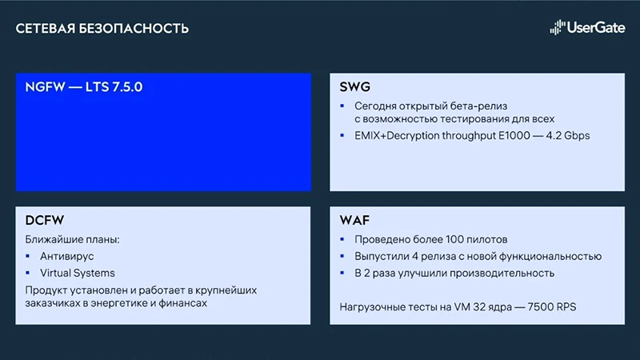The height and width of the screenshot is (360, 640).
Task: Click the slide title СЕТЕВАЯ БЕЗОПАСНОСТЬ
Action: [102, 30]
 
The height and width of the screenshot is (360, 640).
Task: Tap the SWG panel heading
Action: [357, 86]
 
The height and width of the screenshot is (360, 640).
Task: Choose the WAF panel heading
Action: [355, 221]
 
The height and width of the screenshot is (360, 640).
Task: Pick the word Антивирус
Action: [68, 256]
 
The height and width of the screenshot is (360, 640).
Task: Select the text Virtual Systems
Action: [78, 273]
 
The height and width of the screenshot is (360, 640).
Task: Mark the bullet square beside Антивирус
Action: [30, 256]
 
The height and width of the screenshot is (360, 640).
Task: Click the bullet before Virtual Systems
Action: [30, 273]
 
